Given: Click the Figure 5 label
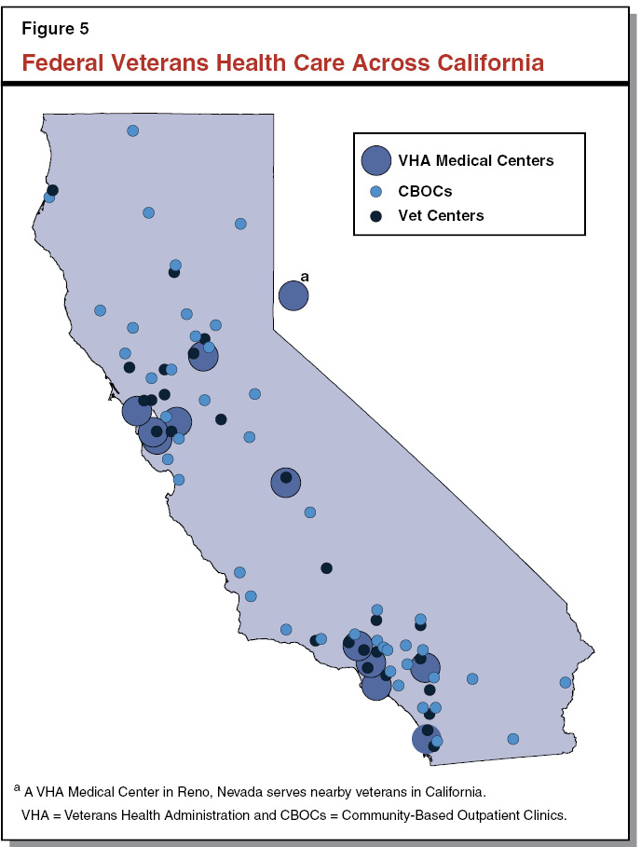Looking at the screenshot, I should (55, 28).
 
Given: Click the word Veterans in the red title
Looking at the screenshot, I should (154, 63).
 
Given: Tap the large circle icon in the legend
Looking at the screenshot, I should (376, 160).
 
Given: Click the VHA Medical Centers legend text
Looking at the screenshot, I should (475, 160).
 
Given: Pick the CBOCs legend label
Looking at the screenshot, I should (425, 191).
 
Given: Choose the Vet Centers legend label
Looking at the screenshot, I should (441, 215).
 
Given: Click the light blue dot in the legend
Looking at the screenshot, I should (376, 191).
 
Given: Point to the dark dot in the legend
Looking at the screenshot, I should (376, 215).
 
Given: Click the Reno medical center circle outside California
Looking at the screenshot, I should (293, 295).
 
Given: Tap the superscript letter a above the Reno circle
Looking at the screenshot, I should (304, 276).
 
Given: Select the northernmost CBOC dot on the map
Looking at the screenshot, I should (132, 130).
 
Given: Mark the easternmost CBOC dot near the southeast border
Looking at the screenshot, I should (566, 682).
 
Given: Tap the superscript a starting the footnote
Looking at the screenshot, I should (17, 788).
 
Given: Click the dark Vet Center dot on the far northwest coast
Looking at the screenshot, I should (53, 190).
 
